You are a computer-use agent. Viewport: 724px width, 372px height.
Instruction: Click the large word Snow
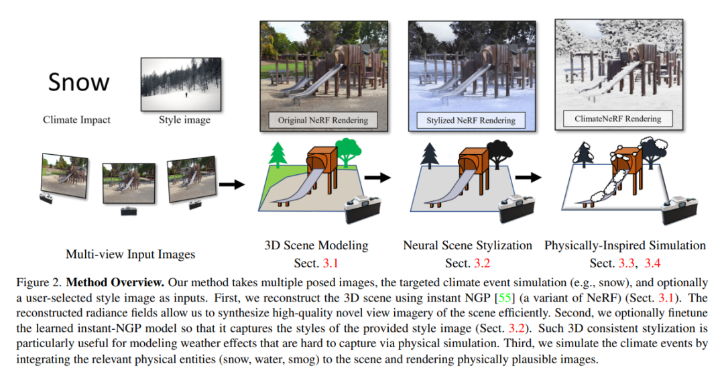point(79,82)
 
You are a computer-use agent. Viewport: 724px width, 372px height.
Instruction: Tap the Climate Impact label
point(76,121)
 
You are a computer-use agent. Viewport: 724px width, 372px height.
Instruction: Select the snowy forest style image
point(181,84)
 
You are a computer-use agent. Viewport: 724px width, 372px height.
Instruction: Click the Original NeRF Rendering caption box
point(323,121)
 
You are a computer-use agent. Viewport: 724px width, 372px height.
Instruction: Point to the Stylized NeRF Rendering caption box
point(471,121)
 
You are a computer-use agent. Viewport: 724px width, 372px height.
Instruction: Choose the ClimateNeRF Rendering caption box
point(617,119)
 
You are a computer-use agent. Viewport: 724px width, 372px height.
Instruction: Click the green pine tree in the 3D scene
point(277,155)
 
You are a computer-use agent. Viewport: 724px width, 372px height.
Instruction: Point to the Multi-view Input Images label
point(131,254)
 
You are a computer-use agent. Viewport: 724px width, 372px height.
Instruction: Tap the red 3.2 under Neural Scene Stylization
point(481,263)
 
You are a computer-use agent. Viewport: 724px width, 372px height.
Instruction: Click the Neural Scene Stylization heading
point(467,245)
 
